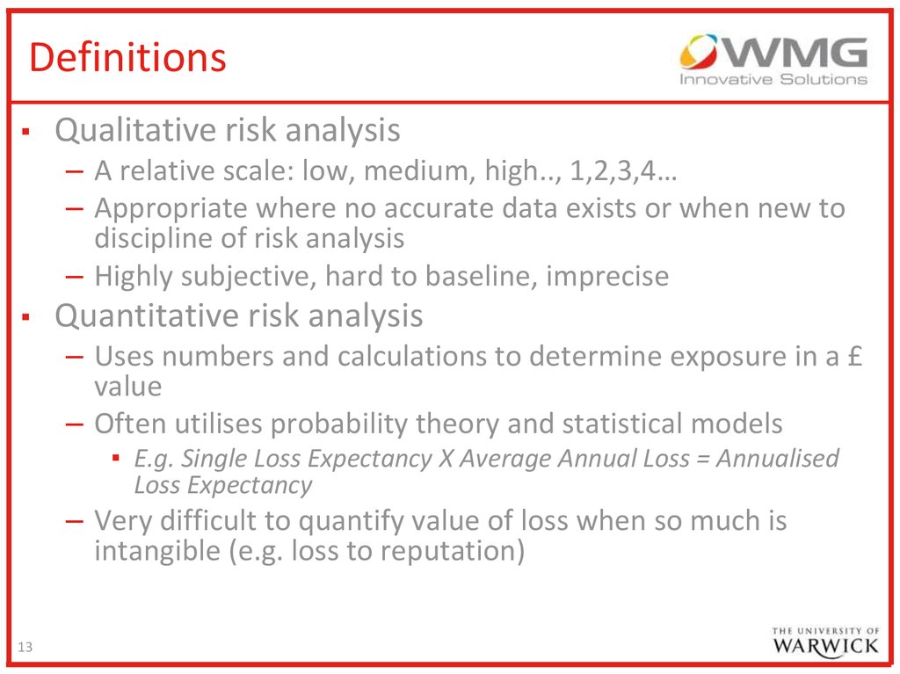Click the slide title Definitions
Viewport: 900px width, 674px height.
click(127, 57)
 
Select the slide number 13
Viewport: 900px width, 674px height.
click(25, 647)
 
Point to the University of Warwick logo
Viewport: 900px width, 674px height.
click(825, 641)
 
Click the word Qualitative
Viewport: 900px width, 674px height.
click(135, 130)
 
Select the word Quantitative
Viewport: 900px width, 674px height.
click(147, 315)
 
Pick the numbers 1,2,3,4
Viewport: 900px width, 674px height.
click(613, 171)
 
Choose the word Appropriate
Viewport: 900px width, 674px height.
click(171, 209)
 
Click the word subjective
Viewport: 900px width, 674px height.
click(249, 277)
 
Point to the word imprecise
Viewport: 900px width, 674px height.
click(607, 277)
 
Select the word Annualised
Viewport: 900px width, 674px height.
click(777, 458)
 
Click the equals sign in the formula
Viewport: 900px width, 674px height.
click(702, 460)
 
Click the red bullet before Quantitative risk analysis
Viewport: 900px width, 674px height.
click(25, 317)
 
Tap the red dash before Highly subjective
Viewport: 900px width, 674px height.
click(75, 278)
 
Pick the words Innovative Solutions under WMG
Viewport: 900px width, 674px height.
click(773, 79)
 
